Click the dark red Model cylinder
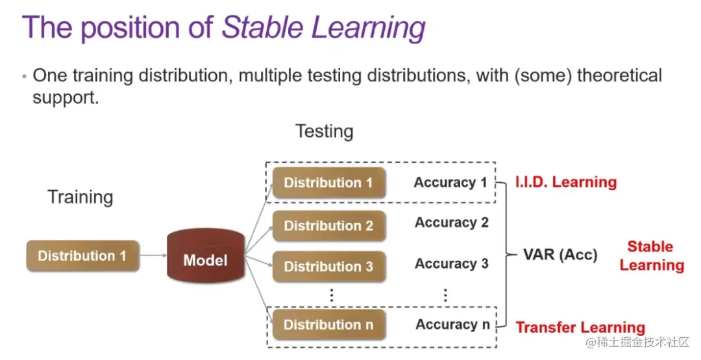(x=206, y=256)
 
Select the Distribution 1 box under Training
(x=82, y=256)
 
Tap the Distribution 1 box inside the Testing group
(x=329, y=183)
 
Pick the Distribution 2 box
(x=329, y=226)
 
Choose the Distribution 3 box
(x=329, y=267)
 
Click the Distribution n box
(x=329, y=325)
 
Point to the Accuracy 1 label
(x=450, y=183)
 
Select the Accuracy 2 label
(x=452, y=222)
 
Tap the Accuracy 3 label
(x=452, y=263)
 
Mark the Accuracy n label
(x=453, y=325)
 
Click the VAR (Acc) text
(x=560, y=254)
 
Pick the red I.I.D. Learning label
(x=566, y=182)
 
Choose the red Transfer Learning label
(x=580, y=328)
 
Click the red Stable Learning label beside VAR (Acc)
(x=652, y=256)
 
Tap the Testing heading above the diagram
(x=325, y=132)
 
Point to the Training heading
(x=80, y=197)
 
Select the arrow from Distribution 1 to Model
(x=153, y=256)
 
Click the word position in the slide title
(x=130, y=28)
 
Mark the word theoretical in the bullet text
(x=620, y=75)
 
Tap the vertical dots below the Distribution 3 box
(x=332, y=295)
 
